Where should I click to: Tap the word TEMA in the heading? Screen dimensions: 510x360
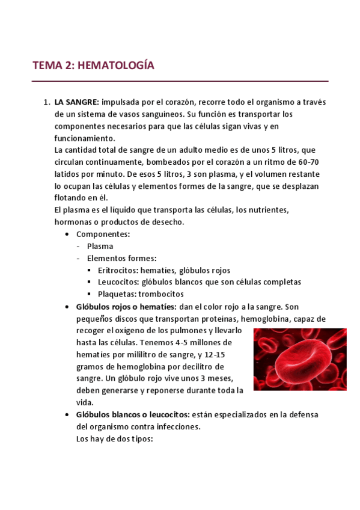(47, 66)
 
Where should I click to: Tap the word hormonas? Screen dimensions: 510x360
(74, 222)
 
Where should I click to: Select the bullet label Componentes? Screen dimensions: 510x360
(103, 234)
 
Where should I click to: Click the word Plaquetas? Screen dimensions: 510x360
(116, 294)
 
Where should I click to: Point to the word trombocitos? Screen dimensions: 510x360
(161, 294)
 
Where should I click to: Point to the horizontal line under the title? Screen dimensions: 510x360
(180, 81)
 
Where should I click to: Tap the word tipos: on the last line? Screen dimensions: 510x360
(142, 439)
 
